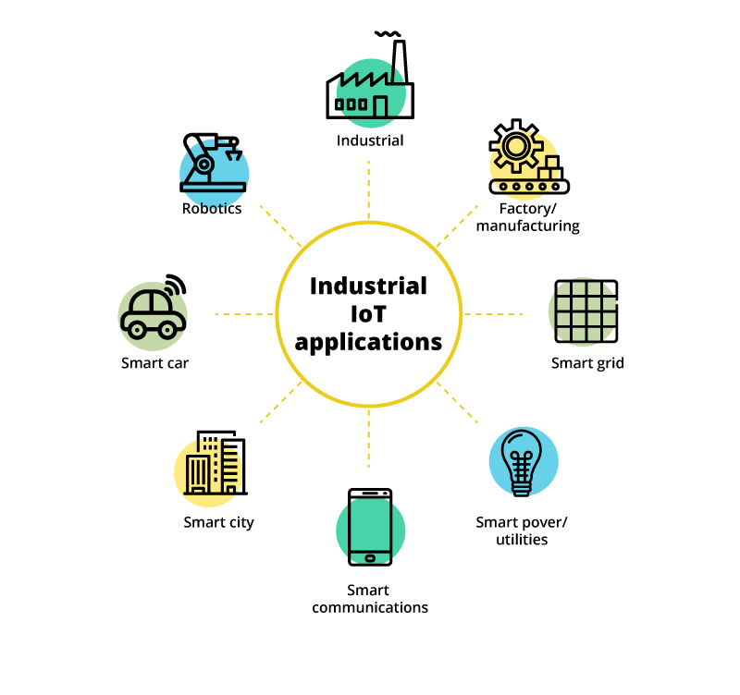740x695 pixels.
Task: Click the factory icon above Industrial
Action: [369, 88]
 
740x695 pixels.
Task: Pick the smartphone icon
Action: [370, 526]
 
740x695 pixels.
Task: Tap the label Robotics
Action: [212, 209]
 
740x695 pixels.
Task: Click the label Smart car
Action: [154, 363]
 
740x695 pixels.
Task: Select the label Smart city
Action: [218, 522]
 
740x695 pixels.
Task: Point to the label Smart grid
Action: [587, 363]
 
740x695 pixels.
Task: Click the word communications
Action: [370, 608]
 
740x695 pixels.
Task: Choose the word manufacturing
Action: [527, 226]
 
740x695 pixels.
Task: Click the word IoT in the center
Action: [368, 314]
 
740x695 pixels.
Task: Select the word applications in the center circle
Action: [368, 342]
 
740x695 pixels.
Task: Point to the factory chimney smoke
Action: [388, 35]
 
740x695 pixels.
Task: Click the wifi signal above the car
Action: [175, 283]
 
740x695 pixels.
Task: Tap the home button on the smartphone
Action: [370, 557]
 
